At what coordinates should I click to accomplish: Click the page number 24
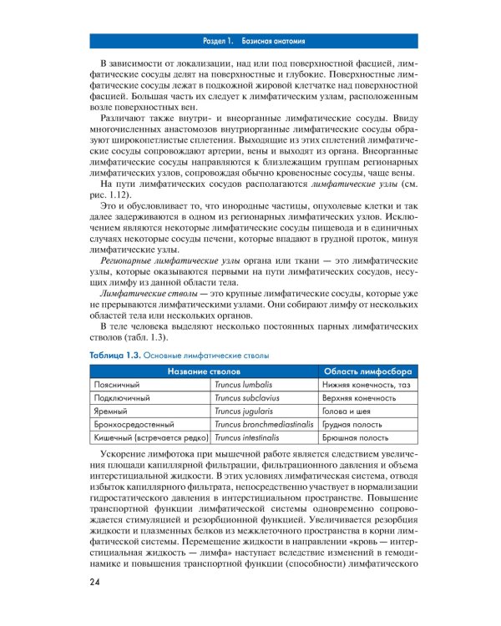(x=92, y=582)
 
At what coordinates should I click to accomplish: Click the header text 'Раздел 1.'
(x=220, y=40)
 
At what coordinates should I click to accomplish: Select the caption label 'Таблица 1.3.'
(x=114, y=356)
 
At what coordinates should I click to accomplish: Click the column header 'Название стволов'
(x=204, y=371)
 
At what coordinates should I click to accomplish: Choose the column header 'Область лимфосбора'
(x=367, y=371)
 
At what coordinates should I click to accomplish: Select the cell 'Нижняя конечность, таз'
(x=366, y=385)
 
